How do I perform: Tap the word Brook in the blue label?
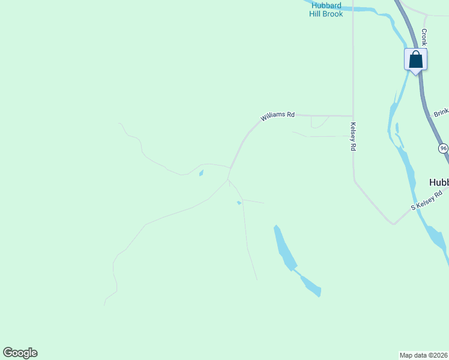pos(333,14)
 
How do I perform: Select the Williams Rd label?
pos(277,116)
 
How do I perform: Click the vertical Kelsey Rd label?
pos(353,137)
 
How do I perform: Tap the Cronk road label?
pos(424,37)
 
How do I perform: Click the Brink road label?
pos(441,112)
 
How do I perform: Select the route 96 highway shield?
pos(443,148)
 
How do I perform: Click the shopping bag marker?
pos(415,60)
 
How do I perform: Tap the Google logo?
pos(20,353)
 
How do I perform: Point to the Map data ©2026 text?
pos(424,355)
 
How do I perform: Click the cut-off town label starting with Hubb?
pos(439,182)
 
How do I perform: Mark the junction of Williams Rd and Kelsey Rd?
pos(352,116)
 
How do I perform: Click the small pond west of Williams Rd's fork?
pos(201,173)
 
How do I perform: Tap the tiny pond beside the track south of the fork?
pos(239,203)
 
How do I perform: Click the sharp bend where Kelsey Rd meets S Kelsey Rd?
pos(393,224)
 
